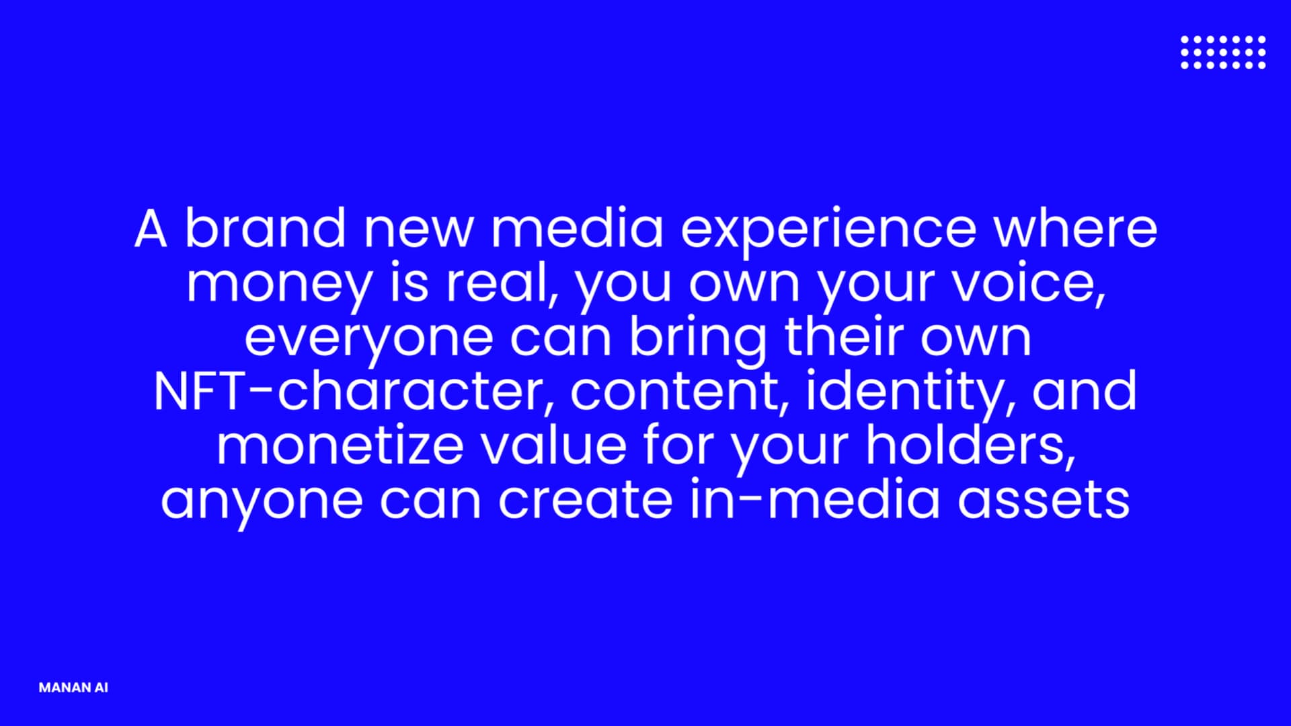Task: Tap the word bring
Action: [697, 340]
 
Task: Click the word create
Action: [585, 499]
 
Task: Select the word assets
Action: [1044, 499]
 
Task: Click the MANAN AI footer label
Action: [73, 688]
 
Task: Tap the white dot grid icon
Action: [1223, 52]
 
